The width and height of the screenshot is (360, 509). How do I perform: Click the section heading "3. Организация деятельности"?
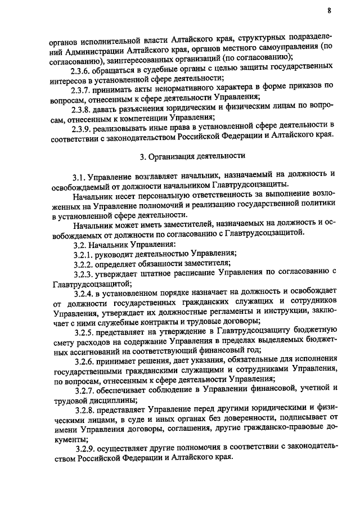[192, 154]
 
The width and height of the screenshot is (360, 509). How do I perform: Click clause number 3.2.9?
[87, 448]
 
